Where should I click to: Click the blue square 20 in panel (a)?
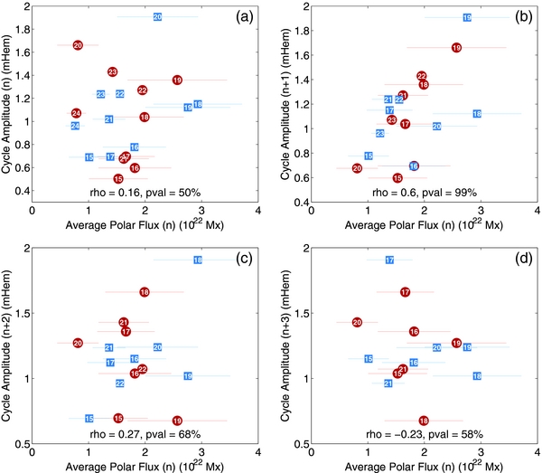click(x=157, y=17)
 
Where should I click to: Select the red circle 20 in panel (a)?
click(x=78, y=45)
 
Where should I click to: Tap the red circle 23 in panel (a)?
click(x=112, y=71)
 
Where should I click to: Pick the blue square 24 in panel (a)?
click(x=75, y=126)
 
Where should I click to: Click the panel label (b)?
click(x=511, y=16)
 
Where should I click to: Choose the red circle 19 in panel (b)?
click(x=456, y=47)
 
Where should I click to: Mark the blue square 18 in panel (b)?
click(x=476, y=114)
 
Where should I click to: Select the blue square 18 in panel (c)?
click(x=198, y=260)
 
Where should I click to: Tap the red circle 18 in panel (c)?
click(x=145, y=292)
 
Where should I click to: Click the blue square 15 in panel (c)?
click(x=89, y=418)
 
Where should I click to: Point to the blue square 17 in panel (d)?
click(x=389, y=260)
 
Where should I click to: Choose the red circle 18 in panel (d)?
click(x=424, y=421)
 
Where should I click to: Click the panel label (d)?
click(x=511, y=260)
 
